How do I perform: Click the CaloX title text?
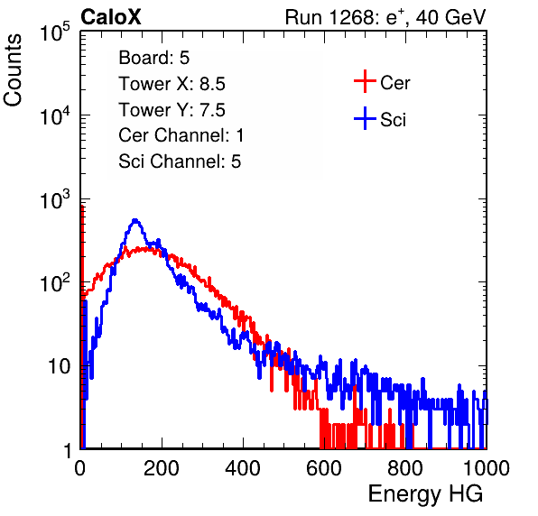(x=110, y=17)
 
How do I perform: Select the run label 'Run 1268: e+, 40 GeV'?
(x=385, y=17)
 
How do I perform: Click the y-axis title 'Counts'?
(x=13, y=70)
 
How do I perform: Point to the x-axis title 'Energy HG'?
(x=425, y=493)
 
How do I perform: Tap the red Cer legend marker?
(x=365, y=81)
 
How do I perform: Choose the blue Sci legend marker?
(x=365, y=118)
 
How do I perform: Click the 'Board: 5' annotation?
(x=154, y=58)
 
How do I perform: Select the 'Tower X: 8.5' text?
(x=172, y=84)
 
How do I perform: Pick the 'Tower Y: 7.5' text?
(x=172, y=110)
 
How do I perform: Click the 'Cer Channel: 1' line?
(x=181, y=135)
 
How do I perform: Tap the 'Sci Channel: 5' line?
(x=180, y=161)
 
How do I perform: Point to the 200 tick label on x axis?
(x=162, y=468)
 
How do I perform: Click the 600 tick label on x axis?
(x=324, y=468)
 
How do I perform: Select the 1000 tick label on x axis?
(x=487, y=468)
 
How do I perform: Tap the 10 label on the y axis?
(x=60, y=366)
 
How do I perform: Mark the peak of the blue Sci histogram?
(x=135, y=220)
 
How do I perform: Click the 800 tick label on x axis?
(x=405, y=468)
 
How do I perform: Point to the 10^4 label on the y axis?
(x=55, y=115)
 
